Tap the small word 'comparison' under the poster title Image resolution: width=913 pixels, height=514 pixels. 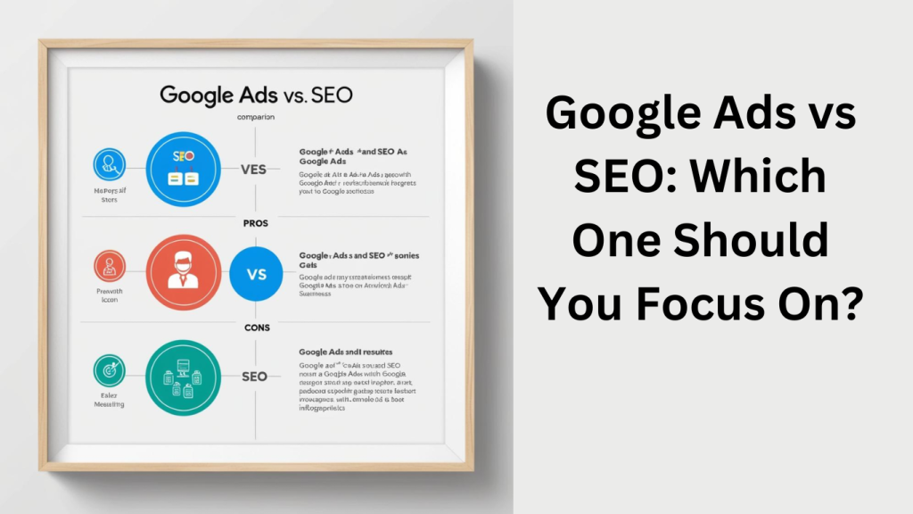tap(255, 117)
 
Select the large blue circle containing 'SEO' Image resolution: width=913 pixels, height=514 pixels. tap(183, 170)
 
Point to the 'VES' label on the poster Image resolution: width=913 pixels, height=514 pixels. tap(254, 170)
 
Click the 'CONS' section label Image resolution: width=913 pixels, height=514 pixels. tap(256, 327)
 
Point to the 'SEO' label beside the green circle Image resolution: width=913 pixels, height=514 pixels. tap(254, 377)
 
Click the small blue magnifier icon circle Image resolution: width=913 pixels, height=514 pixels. tap(110, 165)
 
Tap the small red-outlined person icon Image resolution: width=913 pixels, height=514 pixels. tap(109, 266)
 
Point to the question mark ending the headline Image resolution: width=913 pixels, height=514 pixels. tap(851, 304)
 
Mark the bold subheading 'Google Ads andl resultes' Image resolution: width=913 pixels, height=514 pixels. tap(346, 352)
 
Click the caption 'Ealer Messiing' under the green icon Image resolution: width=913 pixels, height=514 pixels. tap(109, 399)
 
